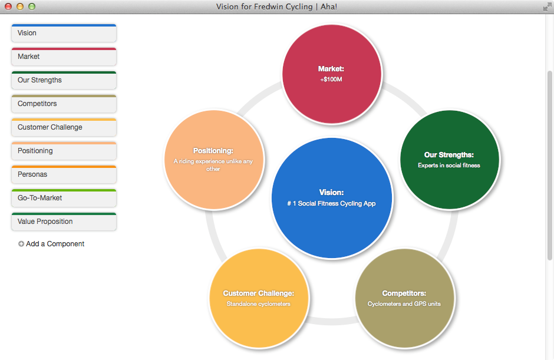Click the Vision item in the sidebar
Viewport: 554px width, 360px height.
click(64, 33)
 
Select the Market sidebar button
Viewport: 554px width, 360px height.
click(64, 57)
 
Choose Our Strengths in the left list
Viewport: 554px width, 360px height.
click(64, 80)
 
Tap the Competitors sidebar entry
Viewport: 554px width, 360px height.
click(64, 104)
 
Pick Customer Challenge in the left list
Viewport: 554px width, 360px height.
click(64, 127)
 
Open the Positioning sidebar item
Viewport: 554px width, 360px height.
click(64, 151)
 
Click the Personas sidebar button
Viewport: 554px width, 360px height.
click(64, 174)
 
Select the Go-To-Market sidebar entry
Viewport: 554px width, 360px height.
click(64, 198)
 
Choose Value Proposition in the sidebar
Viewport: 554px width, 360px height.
click(64, 222)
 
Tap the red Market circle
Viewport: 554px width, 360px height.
click(331, 74)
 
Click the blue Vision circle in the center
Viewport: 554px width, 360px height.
click(331, 198)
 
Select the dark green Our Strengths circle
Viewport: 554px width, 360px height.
click(449, 159)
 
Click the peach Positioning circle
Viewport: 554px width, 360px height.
click(213, 159)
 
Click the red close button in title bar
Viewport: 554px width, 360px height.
click(8, 6)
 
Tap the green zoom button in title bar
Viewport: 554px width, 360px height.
click(32, 6)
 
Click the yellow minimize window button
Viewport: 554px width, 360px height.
click(20, 6)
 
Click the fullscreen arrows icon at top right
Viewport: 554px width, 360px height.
click(546, 6)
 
